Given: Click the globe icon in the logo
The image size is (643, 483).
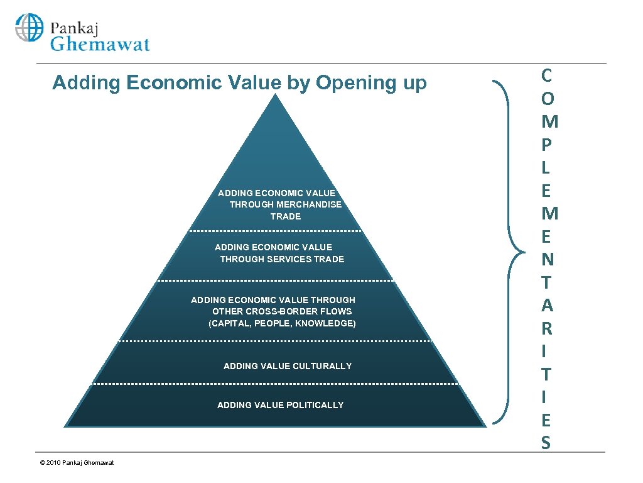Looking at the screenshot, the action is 30,28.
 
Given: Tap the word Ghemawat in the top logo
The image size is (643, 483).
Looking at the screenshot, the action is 100,44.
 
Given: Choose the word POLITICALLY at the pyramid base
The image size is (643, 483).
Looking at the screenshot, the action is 308,405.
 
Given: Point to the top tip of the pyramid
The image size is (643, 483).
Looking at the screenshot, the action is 276,96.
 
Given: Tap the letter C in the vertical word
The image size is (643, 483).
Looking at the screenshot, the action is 546,76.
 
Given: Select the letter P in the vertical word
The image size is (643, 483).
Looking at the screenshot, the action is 546,145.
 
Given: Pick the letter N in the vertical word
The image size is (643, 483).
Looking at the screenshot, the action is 546,260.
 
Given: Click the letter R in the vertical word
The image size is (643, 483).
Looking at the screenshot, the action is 546,329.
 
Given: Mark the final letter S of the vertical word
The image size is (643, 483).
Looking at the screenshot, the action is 546,443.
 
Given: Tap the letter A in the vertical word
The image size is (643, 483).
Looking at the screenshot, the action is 546,306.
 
